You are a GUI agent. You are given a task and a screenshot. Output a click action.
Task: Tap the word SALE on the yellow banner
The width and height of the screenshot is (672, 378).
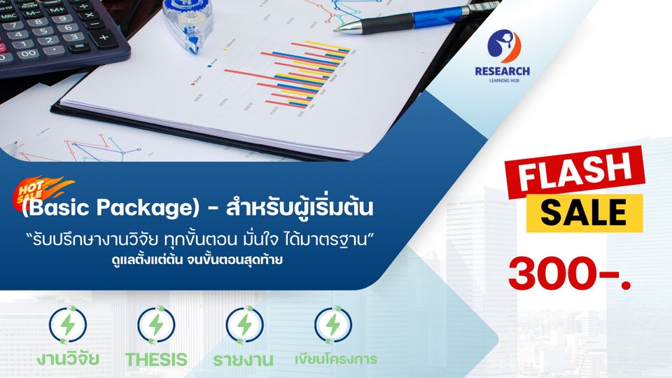583,212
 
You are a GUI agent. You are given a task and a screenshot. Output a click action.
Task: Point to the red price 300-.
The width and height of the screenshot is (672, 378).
568,274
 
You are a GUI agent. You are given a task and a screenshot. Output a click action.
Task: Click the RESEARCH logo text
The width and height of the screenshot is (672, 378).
502,71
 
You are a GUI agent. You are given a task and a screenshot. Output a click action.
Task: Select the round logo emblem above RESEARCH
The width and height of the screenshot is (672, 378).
503,46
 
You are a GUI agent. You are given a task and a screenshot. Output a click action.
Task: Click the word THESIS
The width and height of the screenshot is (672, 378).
156,360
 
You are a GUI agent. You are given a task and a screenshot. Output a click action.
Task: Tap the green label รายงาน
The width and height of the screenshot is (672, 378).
244,360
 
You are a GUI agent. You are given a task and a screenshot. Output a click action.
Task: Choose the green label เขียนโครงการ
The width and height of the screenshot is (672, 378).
335,360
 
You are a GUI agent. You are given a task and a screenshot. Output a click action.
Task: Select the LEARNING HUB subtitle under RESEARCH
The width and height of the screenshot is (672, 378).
502,81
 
